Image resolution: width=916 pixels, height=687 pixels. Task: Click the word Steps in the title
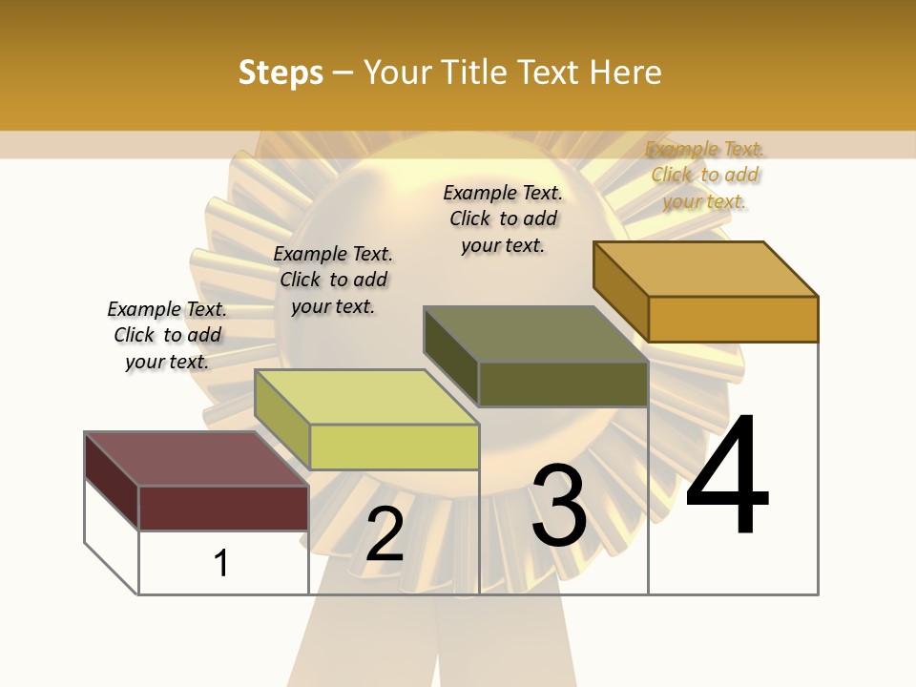(281, 73)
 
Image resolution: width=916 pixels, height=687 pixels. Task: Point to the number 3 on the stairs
(559, 506)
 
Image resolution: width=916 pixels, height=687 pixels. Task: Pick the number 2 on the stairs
(385, 534)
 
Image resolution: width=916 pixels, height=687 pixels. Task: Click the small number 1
(221, 563)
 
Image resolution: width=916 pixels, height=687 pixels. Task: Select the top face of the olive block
(535, 334)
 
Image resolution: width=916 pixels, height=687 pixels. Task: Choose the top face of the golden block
(705, 269)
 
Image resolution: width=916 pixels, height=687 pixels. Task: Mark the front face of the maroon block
(223, 508)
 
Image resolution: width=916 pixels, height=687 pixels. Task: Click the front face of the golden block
(733, 319)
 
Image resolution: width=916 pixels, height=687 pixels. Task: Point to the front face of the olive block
(563, 384)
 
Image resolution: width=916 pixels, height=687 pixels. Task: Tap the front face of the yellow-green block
(393, 447)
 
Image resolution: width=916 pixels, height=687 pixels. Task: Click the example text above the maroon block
(167, 335)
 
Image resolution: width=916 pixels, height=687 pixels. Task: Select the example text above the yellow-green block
(333, 280)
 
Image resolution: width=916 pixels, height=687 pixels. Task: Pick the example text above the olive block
(503, 219)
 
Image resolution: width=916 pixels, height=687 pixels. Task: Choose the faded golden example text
(705, 175)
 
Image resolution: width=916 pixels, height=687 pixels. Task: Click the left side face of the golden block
(620, 291)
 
